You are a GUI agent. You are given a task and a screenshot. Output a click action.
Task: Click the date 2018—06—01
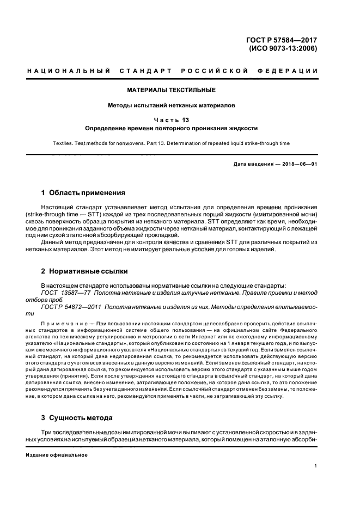(x=298, y=164)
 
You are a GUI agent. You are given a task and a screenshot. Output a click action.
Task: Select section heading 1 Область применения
(x=83, y=192)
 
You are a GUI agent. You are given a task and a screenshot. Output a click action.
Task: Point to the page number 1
(x=316, y=466)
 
